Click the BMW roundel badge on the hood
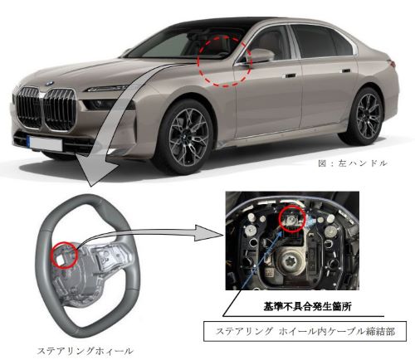click(x=50, y=83)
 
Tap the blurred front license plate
click(x=46, y=144)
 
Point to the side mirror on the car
click(x=258, y=56)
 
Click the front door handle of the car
click(x=290, y=75)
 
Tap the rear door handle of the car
click(x=346, y=71)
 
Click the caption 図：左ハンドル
click(x=352, y=163)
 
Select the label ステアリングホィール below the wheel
click(x=85, y=351)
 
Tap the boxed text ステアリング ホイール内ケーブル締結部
click(x=305, y=331)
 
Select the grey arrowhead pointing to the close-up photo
click(x=209, y=233)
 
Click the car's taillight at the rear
click(x=393, y=63)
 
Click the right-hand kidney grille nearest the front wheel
click(x=59, y=109)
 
